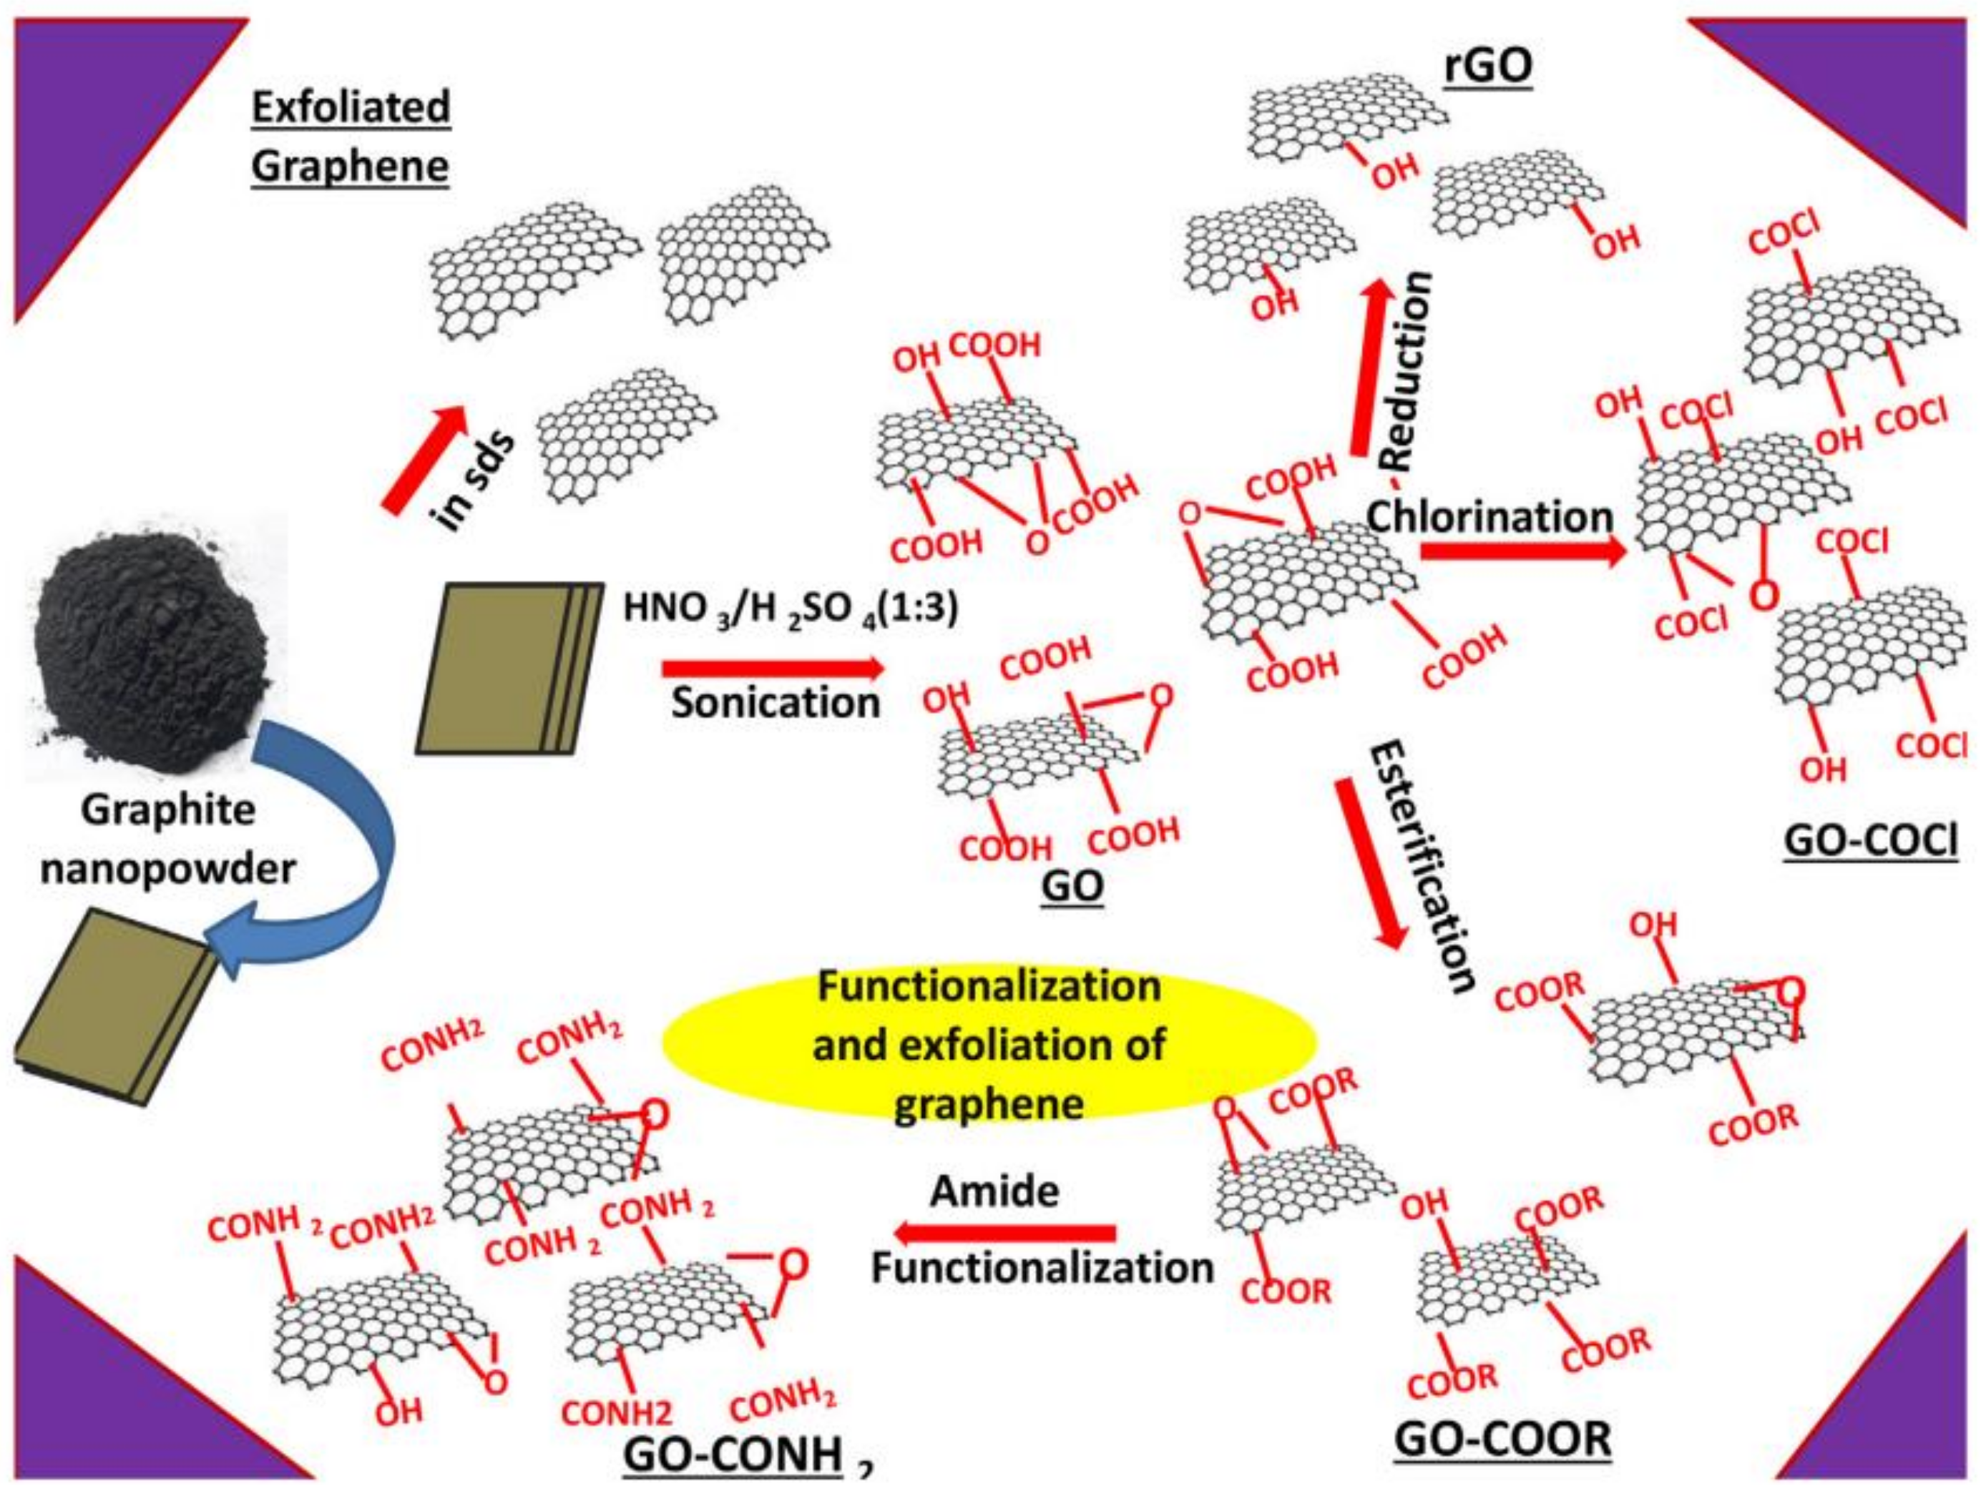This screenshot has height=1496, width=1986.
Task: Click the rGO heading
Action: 1487,67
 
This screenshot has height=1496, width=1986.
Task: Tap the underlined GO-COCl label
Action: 1869,841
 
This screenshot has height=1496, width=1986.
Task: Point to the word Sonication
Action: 775,702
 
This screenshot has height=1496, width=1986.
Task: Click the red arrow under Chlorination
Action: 1522,551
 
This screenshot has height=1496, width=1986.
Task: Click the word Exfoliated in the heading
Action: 350,107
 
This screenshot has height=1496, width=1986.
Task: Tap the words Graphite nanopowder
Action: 169,839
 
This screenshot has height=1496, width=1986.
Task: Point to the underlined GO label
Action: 1072,886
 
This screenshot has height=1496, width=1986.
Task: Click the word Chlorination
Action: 1489,516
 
